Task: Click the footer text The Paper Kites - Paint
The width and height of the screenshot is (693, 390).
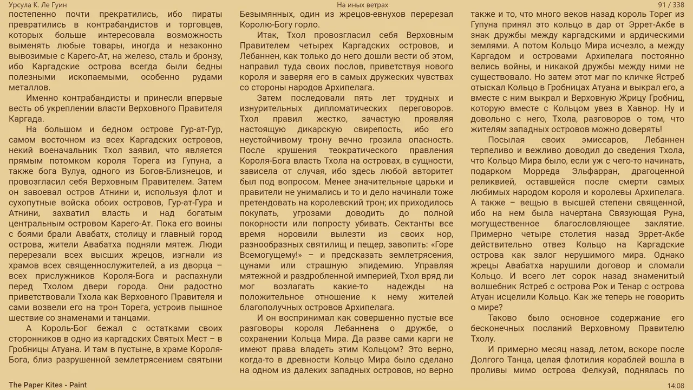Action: (48, 385)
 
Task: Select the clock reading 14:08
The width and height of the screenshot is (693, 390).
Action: (676, 385)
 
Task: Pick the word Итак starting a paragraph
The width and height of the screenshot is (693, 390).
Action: (268, 35)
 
